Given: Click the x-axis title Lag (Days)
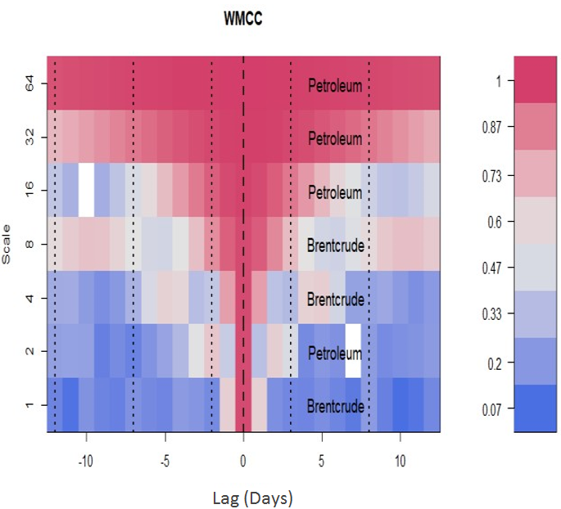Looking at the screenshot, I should pyautogui.click(x=242, y=497).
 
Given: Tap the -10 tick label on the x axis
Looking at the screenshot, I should pyautogui.click(x=86, y=460).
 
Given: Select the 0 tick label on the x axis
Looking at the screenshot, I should pyautogui.click(x=243, y=460).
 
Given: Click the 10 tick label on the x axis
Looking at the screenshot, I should pyautogui.click(x=400, y=460).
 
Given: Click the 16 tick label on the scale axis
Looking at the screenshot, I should pyautogui.click(x=29, y=191).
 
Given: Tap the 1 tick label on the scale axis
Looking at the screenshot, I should pyautogui.click(x=29, y=405).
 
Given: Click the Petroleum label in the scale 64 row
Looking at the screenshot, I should pyautogui.click(x=335, y=85).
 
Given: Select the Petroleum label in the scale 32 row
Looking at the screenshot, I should pyautogui.click(x=335, y=138).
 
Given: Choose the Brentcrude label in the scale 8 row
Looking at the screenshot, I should pyautogui.click(x=335, y=245).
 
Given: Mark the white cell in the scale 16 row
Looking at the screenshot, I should pyautogui.click(x=86, y=191).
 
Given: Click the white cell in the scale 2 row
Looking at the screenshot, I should pyautogui.click(x=353, y=351).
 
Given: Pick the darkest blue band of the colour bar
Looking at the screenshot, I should pyautogui.click(x=535, y=407).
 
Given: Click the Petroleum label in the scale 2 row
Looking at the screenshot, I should pyautogui.click(x=335, y=354).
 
